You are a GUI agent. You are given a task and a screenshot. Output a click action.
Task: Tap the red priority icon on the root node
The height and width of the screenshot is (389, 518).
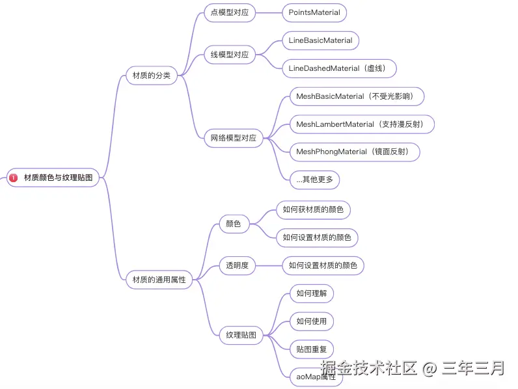coord(14,178)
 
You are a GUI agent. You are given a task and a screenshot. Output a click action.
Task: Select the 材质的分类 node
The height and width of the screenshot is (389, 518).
coord(151,75)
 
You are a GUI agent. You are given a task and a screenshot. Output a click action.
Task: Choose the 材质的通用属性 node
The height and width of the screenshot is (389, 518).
coord(159,280)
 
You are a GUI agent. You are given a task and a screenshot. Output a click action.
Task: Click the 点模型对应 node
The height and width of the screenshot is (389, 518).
coord(230,12)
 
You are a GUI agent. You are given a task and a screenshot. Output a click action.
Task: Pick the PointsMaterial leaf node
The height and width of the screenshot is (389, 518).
coord(314,12)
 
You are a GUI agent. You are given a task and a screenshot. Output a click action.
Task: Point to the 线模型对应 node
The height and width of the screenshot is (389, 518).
coord(230,55)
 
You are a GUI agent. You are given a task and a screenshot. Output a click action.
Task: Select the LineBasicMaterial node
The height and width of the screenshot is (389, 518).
coord(320,40)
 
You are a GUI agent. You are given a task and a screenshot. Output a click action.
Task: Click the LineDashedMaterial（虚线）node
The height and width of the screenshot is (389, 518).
coord(339,68)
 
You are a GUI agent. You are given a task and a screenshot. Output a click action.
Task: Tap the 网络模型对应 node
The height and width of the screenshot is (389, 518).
coord(233,138)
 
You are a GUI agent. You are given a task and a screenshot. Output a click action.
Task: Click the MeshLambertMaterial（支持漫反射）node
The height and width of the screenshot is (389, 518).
coord(361,124)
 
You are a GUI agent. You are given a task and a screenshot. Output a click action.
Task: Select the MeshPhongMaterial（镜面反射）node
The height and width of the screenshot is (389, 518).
coord(354,152)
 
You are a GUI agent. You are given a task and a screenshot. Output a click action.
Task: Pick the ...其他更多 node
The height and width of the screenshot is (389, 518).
coord(314,180)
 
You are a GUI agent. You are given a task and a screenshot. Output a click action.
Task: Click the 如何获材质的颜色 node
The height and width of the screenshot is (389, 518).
coord(313,210)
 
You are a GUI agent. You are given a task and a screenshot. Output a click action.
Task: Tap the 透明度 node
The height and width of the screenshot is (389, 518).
coord(237,265)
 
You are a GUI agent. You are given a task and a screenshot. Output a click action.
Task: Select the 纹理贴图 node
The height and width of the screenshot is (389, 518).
coord(241,336)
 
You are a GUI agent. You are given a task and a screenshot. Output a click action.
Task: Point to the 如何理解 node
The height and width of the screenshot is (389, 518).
coord(311,293)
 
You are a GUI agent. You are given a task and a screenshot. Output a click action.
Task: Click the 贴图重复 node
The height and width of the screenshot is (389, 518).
coord(311,349)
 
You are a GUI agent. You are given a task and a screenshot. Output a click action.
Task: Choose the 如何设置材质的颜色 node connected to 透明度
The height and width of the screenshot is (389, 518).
coord(323,265)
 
